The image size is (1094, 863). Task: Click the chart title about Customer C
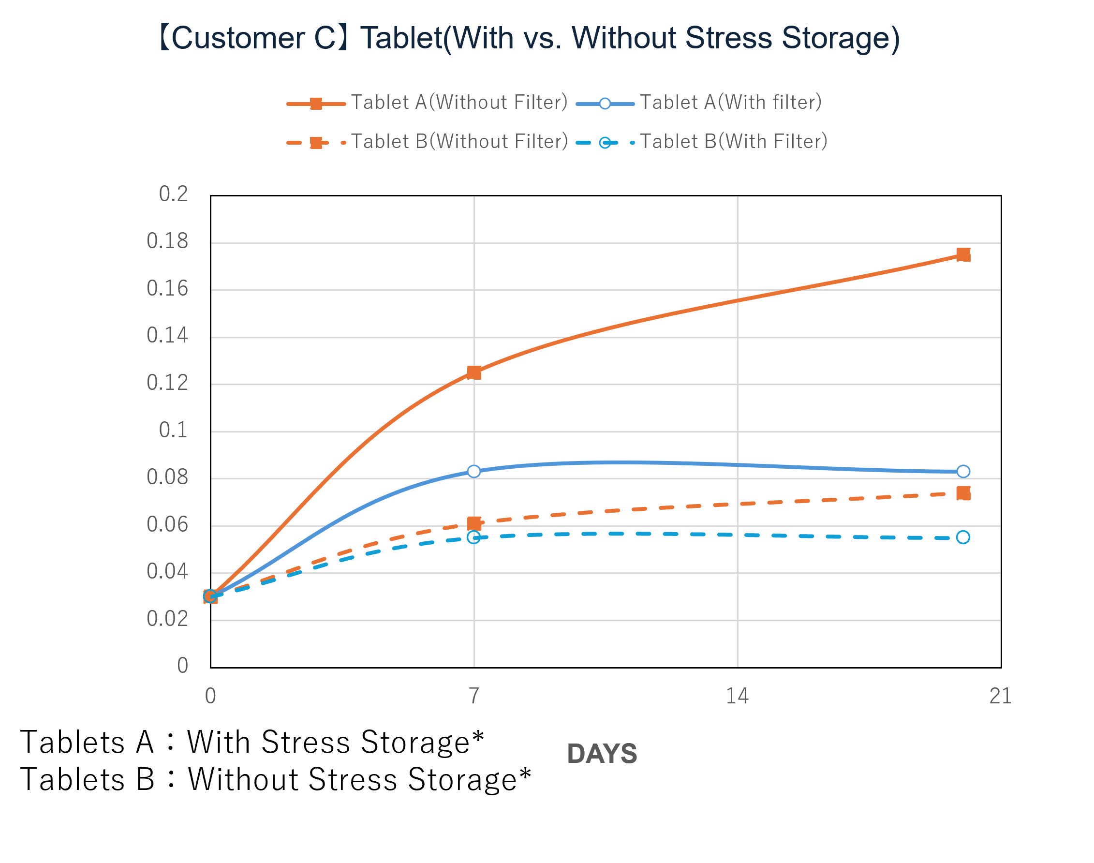pos(528,38)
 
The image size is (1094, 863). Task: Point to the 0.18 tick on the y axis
pos(167,241)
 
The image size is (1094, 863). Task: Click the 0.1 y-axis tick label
pos(173,431)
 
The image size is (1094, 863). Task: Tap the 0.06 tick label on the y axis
pos(167,525)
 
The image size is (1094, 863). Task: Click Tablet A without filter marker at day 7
pos(474,373)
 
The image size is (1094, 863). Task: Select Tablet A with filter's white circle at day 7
pos(474,472)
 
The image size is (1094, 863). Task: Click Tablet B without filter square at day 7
pos(474,523)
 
